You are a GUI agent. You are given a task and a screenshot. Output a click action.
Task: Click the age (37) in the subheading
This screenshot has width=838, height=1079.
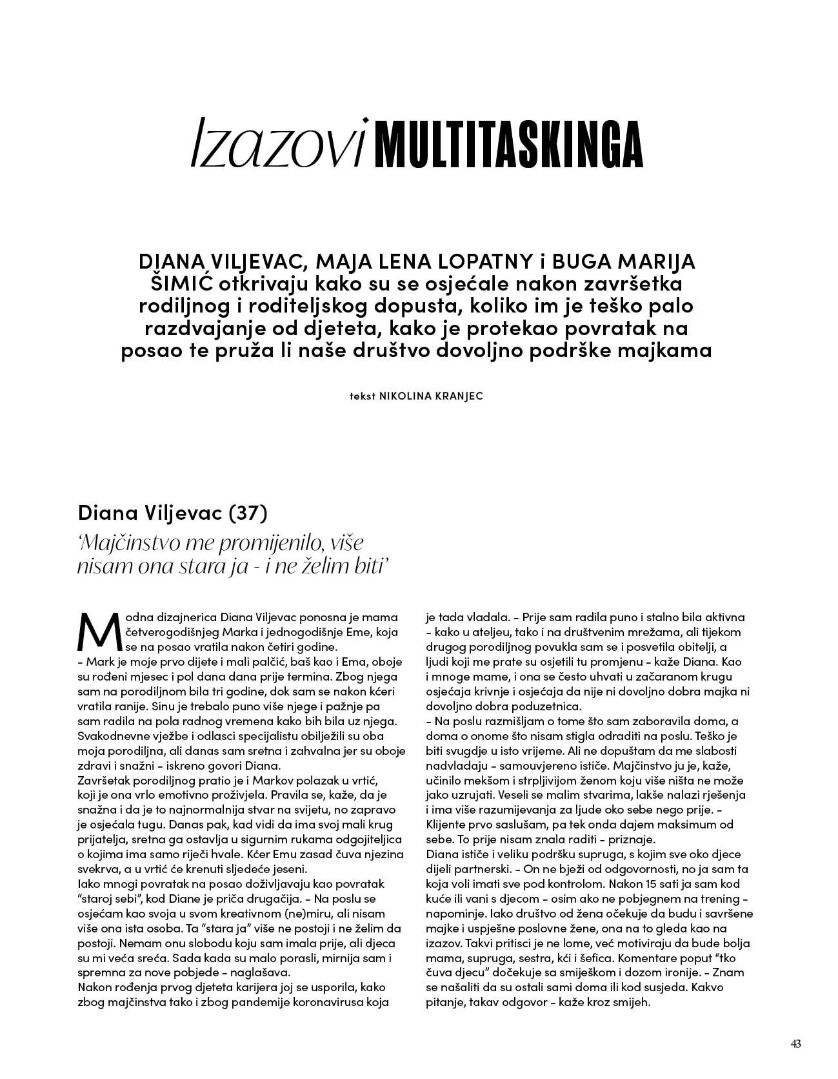pos(248,514)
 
